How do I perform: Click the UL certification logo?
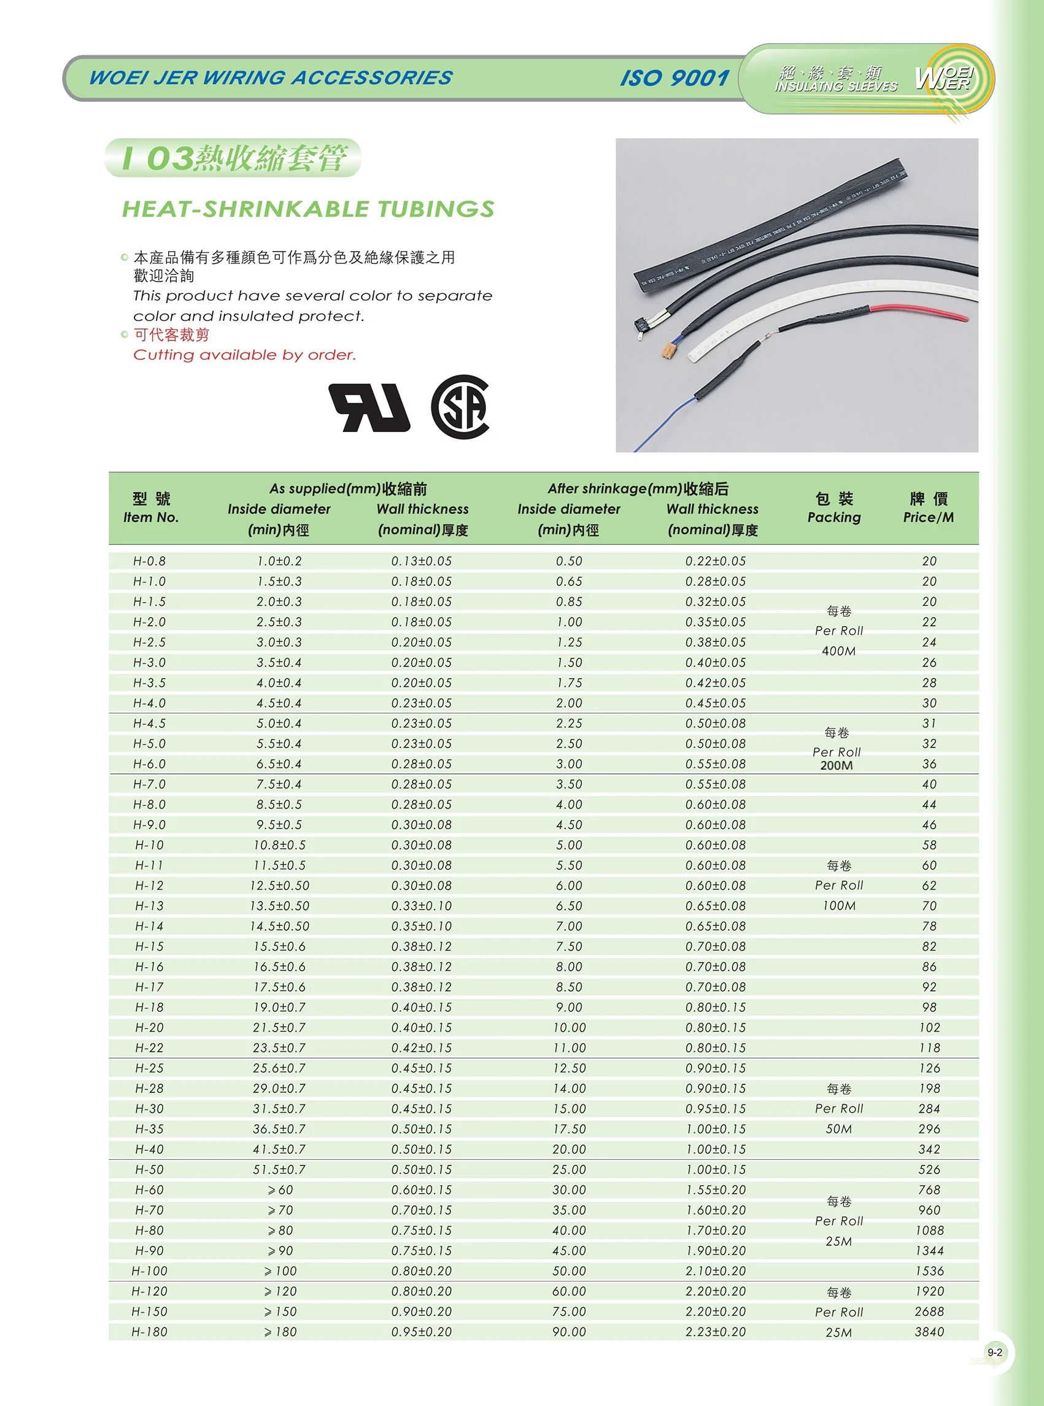pyautogui.click(x=369, y=408)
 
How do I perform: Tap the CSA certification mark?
pyautogui.click(x=460, y=407)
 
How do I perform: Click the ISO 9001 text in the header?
pyautogui.click(x=675, y=78)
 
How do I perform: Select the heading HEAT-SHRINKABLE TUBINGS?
pyautogui.click(x=307, y=209)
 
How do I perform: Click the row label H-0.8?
pyautogui.click(x=149, y=561)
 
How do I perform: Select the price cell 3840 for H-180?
pyautogui.click(x=929, y=1331)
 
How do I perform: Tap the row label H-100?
pyautogui.click(x=149, y=1271)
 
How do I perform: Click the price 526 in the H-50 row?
pyautogui.click(x=929, y=1170)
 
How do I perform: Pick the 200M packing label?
pyautogui.click(x=836, y=765)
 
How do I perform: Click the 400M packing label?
pyautogui.click(x=838, y=651)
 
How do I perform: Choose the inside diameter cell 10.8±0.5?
pyautogui.click(x=279, y=845)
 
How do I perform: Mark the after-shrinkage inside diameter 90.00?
pyautogui.click(x=569, y=1331)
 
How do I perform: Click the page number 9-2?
pyautogui.click(x=995, y=1352)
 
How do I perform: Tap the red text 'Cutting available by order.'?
pyautogui.click(x=244, y=355)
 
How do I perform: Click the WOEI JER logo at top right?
pyautogui.click(x=945, y=79)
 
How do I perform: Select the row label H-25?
pyautogui.click(x=149, y=1068)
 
